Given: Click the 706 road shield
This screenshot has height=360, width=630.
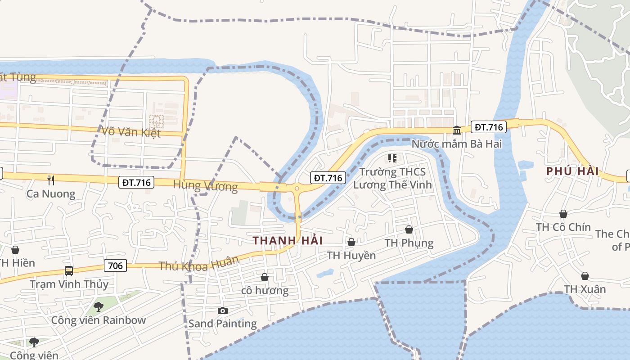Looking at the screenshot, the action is point(115,265).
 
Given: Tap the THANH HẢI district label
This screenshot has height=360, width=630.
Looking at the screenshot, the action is point(288,240).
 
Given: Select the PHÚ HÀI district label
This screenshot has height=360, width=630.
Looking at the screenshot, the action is point(572,171).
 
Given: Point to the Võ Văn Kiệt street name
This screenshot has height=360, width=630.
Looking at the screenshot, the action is point(131,132).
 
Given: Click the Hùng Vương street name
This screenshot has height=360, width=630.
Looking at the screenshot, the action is point(205,185).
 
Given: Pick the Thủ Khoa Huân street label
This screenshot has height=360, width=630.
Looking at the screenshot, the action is point(198,264).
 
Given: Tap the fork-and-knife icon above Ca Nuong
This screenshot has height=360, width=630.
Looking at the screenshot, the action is point(51,180).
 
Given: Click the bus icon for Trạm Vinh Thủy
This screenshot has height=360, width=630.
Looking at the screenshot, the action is point(69,270).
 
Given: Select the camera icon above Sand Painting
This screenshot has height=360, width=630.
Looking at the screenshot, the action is point(222,310).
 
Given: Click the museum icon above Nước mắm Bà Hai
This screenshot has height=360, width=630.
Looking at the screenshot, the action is point(457,130).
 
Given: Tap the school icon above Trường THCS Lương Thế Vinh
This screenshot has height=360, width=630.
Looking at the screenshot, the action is point(392,158).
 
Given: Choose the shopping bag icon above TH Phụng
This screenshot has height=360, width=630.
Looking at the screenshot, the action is point(409,229).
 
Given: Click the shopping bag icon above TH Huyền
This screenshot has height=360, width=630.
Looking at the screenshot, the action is point(351,242).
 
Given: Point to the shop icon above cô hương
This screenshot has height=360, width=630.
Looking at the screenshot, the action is point(265,277).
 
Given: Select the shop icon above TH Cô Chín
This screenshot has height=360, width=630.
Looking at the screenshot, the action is point(563,214).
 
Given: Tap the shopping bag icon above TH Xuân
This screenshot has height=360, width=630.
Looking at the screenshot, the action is point(585,275).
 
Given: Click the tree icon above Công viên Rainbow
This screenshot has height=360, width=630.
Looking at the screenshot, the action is point(98,307).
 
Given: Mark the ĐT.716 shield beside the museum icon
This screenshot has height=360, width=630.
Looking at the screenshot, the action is point(489,127).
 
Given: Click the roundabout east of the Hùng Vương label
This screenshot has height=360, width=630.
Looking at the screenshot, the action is point(297,189).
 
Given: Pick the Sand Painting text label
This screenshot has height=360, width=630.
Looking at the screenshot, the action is point(222,323).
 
